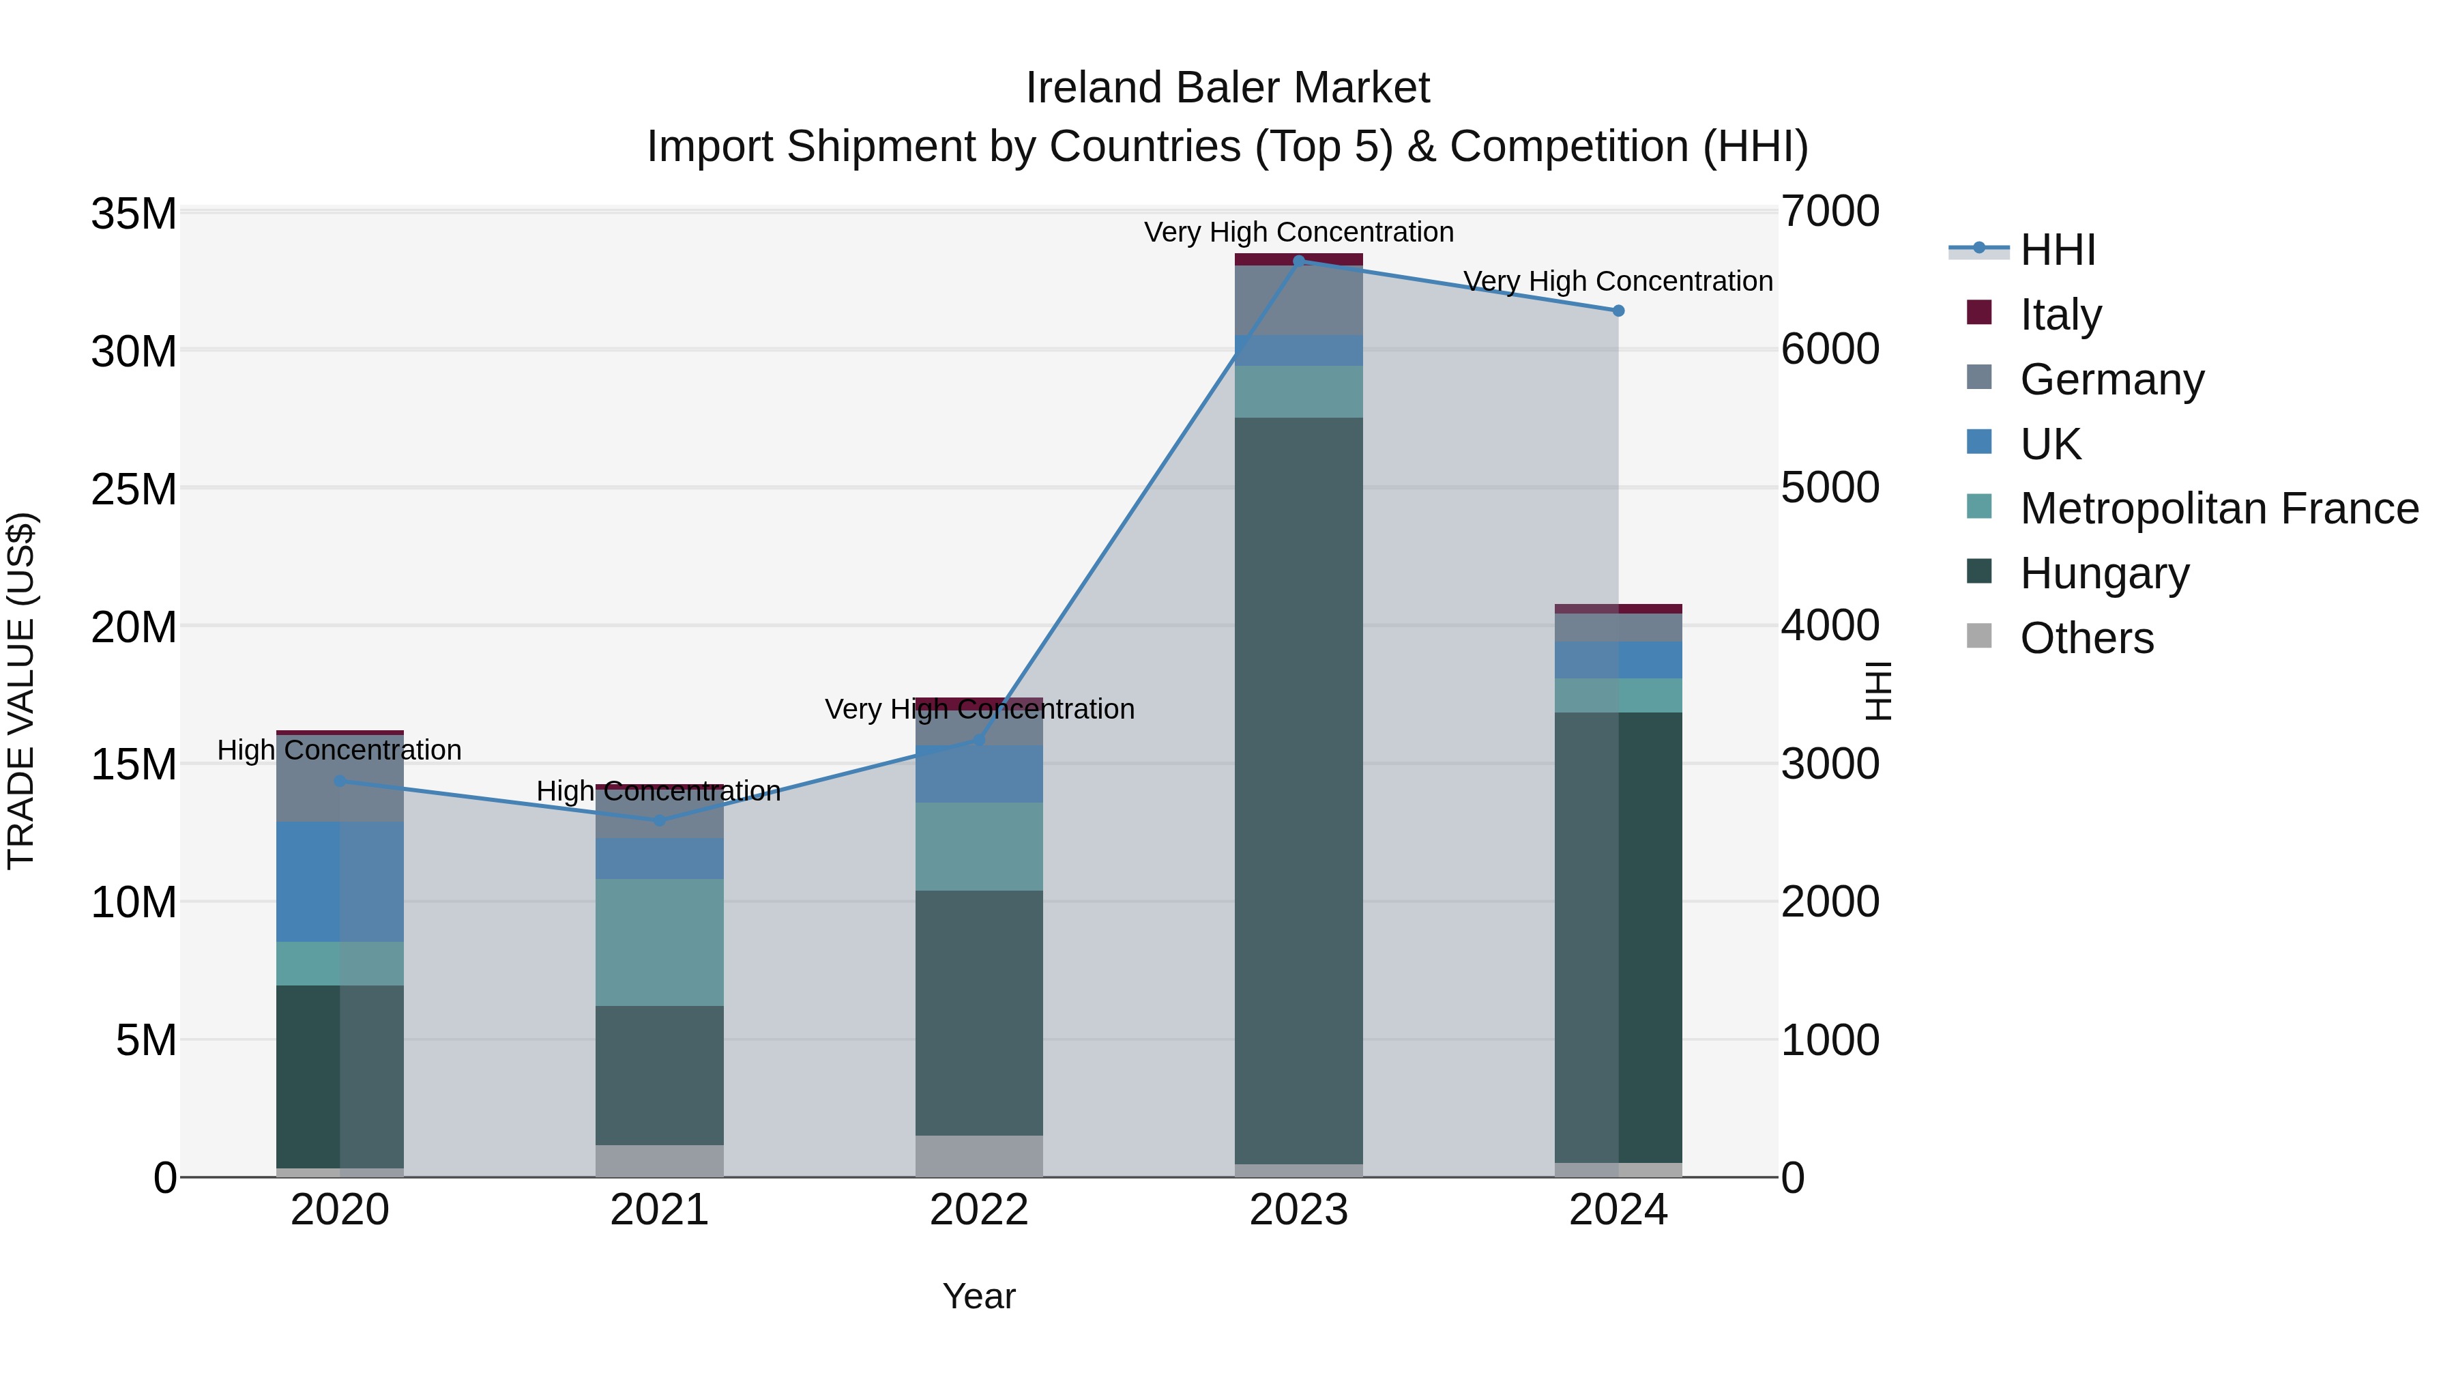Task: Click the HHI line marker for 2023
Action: tap(1298, 261)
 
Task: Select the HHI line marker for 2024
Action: tap(1618, 311)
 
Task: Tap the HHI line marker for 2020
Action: tap(340, 781)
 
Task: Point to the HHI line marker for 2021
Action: tap(660, 820)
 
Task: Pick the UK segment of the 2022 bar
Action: tap(979, 775)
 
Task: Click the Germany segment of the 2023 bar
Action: tap(1298, 300)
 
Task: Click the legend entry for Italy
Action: tap(2060, 315)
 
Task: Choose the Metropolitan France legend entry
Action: tap(2219, 508)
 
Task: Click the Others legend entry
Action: tap(2086, 638)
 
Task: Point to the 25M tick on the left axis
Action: tap(134, 489)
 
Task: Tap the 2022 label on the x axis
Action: tap(979, 1210)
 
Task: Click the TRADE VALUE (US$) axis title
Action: tap(21, 691)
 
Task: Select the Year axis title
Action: tap(979, 1296)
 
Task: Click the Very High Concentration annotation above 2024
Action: tap(1618, 281)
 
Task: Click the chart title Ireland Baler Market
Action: tap(1227, 88)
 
